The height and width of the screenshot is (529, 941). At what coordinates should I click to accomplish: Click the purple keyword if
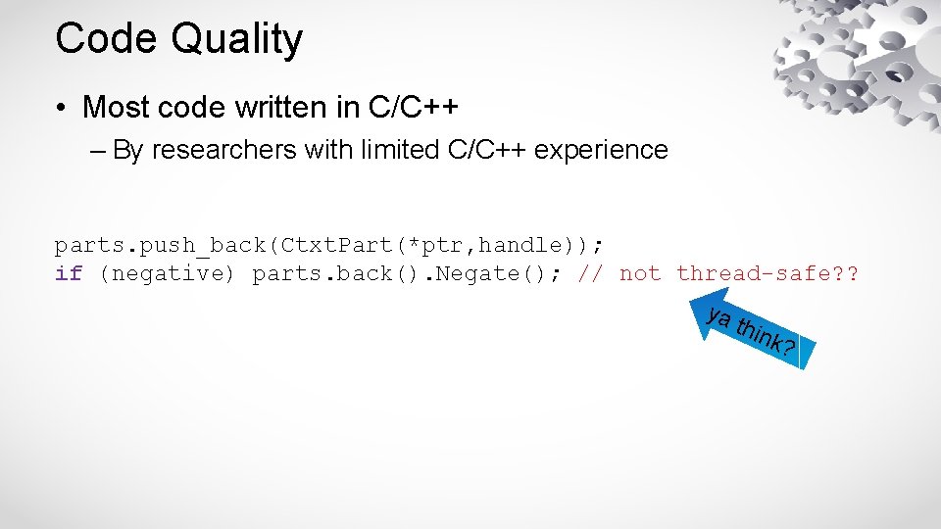tap(68, 273)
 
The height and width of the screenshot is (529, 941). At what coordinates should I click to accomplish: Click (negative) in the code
tap(168, 273)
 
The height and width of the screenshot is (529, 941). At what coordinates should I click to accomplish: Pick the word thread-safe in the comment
tap(757, 273)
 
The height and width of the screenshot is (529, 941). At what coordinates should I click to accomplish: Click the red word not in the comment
tap(640, 273)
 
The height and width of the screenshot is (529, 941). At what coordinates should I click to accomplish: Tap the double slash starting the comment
tap(591, 273)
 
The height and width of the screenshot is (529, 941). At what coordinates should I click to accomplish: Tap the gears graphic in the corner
tap(853, 59)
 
